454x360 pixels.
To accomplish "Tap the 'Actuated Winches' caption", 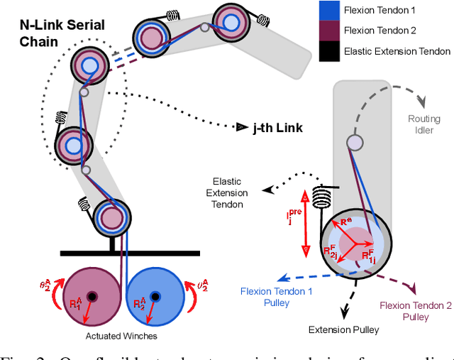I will pyautogui.click(x=123, y=335).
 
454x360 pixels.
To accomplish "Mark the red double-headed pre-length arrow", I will pyautogui.click(x=305, y=223).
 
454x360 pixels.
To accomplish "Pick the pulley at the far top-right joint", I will pyautogui.click(x=231, y=21).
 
